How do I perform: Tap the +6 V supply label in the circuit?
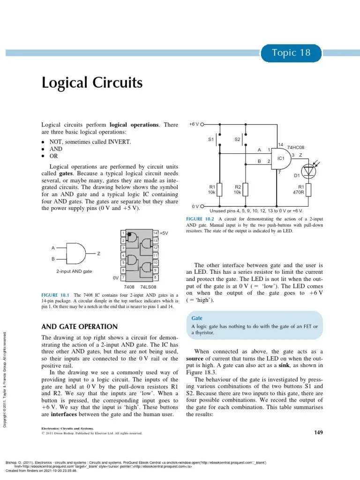(194, 125)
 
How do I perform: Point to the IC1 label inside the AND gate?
(281, 158)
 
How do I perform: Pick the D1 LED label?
(296, 176)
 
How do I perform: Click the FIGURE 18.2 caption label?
(200, 219)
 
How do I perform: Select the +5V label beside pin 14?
(164, 233)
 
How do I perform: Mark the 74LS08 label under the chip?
(148, 286)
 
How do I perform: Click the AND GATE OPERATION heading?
(80, 327)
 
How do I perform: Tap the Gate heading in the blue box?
(197, 318)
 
